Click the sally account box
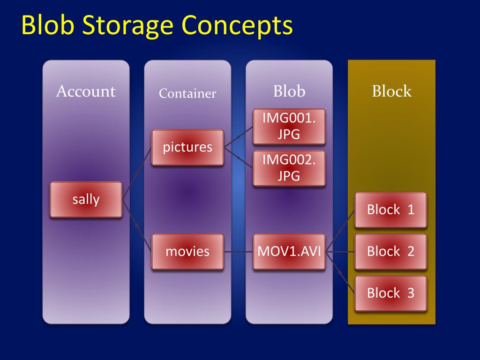click(x=86, y=200)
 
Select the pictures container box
click(x=187, y=147)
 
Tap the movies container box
click(x=187, y=251)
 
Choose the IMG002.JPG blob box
click(x=289, y=168)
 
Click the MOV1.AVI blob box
click(x=289, y=251)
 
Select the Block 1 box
click(x=390, y=210)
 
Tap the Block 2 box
click(x=390, y=251)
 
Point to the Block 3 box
click(x=390, y=293)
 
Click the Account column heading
click(x=86, y=91)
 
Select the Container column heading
click(x=187, y=93)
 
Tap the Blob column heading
click(x=289, y=91)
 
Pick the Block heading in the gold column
click(x=391, y=91)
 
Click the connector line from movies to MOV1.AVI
click(x=238, y=252)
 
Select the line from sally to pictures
click(x=137, y=173)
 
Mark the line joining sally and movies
click(x=137, y=226)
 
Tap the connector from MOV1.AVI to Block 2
click(x=340, y=252)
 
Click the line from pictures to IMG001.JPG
click(x=239, y=137)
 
